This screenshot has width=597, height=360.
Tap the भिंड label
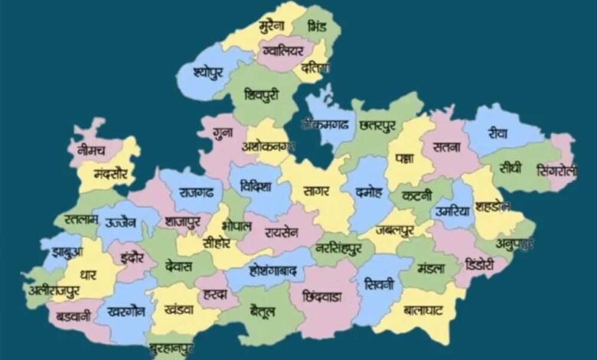pyautogui.click(x=316, y=27)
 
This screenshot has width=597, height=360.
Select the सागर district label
pyautogui.click(x=316, y=191)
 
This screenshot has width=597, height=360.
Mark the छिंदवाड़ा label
pyautogui.click(x=322, y=295)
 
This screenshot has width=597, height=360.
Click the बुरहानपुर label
pyautogui.click(x=171, y=349)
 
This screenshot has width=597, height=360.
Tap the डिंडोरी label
pyautogui.click(x=485, y=264)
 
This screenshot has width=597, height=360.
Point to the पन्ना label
pyautogui.click(x=406, y=159)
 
